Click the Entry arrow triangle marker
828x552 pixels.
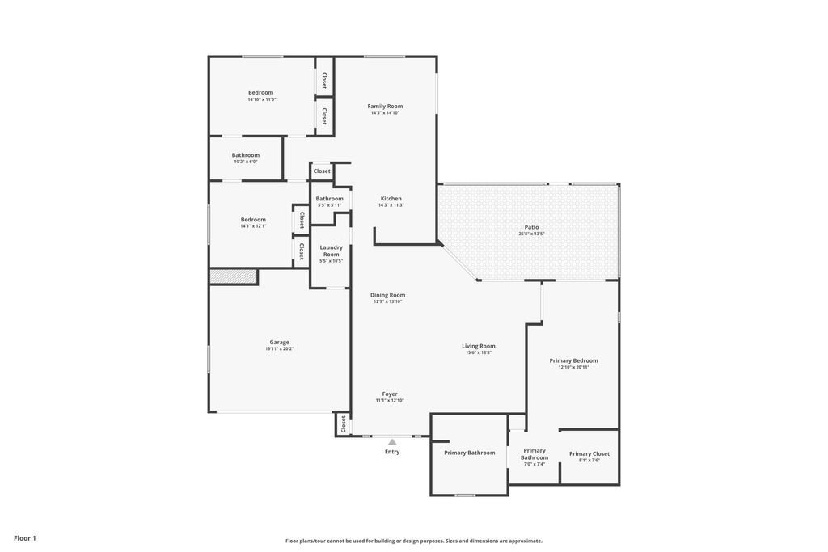tap(392, 442)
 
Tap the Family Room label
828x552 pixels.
tap(385, 106)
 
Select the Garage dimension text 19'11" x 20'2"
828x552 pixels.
tap(279, 349)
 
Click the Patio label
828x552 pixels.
tap(531, 227)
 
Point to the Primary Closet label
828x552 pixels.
tap(589, 453)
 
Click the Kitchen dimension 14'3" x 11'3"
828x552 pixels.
tap(391, 205)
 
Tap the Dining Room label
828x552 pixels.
tap(388, 295)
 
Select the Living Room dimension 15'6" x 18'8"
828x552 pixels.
tap(479, 352)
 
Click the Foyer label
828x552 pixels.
tap(390, 394)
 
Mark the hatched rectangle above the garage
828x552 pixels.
tap(234, 276)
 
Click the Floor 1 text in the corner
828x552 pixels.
tap(25, 538)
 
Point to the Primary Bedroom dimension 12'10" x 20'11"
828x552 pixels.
tap(573, 367)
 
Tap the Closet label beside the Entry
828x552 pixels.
tap(343, 423)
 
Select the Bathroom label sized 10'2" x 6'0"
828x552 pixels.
tap(246, 155)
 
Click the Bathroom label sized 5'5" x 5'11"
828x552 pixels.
tap(329, 198)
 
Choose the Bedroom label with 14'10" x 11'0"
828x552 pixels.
tap(260, 92)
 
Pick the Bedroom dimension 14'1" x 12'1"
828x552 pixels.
tap(253, 226)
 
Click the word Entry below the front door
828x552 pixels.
tap(392, 452)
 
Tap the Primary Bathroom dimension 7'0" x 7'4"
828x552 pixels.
tap(534, 464)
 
